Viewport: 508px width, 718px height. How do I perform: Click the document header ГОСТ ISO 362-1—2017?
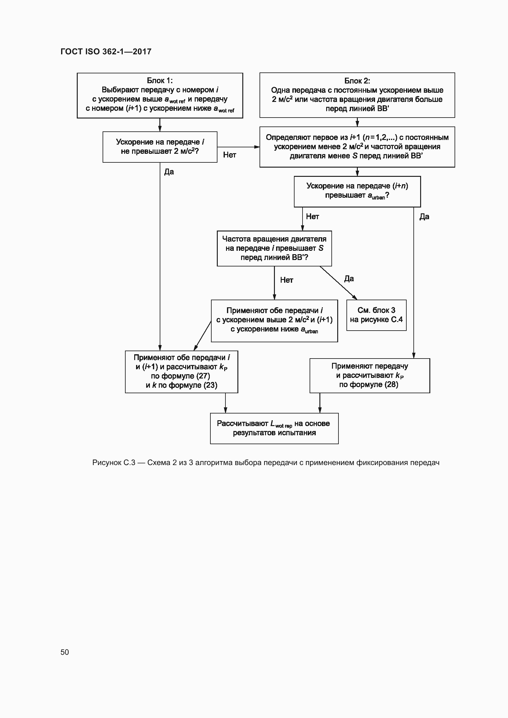(106, 52)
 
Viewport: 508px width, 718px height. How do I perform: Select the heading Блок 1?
(160, 81)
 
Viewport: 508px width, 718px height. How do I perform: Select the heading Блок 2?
(357, 81)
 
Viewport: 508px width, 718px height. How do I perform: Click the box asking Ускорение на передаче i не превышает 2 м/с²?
(160, 147)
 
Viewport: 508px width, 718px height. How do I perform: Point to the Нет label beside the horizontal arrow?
(229, 155)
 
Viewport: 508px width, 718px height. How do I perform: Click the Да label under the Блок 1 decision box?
(169, 172)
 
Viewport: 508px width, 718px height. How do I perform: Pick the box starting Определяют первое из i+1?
(357, 147)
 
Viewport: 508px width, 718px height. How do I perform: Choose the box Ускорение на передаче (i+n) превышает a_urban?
(357, 191)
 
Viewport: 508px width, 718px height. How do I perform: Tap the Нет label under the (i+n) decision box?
(312, 216)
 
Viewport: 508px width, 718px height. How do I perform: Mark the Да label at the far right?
(424, 217)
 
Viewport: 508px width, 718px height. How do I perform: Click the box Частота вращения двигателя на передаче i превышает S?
(274, 248)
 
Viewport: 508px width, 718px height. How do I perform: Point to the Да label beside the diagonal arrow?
(349, 279)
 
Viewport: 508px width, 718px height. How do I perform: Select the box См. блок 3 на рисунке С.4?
(376, 315)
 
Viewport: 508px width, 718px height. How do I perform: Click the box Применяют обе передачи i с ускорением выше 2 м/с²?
(274, 320)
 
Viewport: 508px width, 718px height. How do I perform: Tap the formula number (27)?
(203, 376)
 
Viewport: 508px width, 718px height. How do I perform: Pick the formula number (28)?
(391, 384)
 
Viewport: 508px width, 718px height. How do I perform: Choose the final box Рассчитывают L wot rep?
(274, 428)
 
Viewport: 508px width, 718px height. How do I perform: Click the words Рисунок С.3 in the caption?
(114, 463)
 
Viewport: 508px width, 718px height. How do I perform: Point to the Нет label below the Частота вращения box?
(286, 280)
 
